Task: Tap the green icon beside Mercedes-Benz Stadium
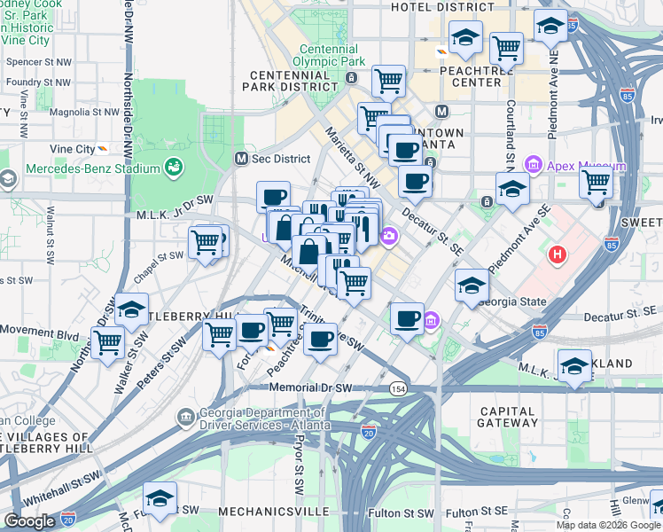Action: pyautogui.click(x=174, y=167)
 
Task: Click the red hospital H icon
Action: pyautogui.click(x=557, y=255)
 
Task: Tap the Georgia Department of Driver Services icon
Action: pyautogui.click(x=186, y=416)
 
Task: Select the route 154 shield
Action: pyautogui.click(x=399, y=388)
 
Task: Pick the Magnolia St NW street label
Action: pyautogui.click(x=84, y=113)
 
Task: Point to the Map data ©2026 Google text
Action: pyautogui.click(x=608, y=525)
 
